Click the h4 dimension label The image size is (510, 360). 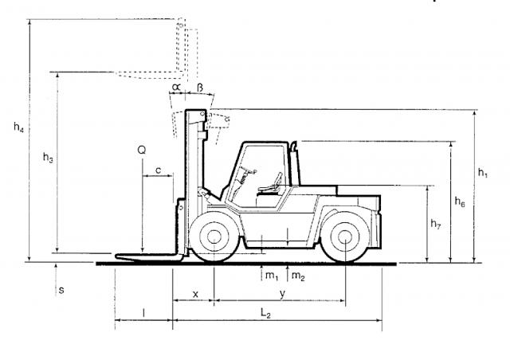(x=18, y=127)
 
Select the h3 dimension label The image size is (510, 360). (x=48, y=158)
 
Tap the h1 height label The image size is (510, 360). (x=483, y=173)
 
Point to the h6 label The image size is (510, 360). (x=460, y=202)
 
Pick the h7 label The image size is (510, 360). (x=436, y=224)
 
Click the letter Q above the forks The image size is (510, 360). (x=142, y=151)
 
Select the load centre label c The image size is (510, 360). (x=158, y=170)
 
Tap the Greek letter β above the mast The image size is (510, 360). (x=200, y=87)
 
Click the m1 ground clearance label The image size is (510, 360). (x=272, y=276)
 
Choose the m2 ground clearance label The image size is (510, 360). (x=298, y=276)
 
